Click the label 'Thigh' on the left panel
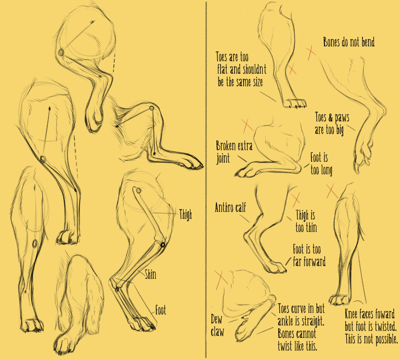pyautogui.click(x=186, y=215)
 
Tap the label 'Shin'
pyautogui.click(x=151, y=274)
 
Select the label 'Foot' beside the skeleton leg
pyautogui.click(x=161, y=310)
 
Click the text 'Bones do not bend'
pyautogui.click(x=349, y=42)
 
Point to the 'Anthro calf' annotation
pyautogui.click(x=230, y=207)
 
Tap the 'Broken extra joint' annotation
pyautogui.click(x=234, y=152)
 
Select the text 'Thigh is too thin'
pyautogui.click(x=306, y=221)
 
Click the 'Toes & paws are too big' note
pyautogui.click(x=332, y=124)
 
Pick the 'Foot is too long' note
pyautogui.click(x=321, y=164)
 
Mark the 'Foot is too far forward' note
pyautogui.click(x=309, y=255)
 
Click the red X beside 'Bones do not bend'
pyautogui.click(x=311, y=53)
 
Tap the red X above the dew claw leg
pyautogui.click(x=221, y=280)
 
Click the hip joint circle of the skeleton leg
pyautogui.click(x=138, y=191)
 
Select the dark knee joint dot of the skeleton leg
pyautogui.click(x=163, y=245)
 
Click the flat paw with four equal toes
pyautogui.click(x=295, y=103)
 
